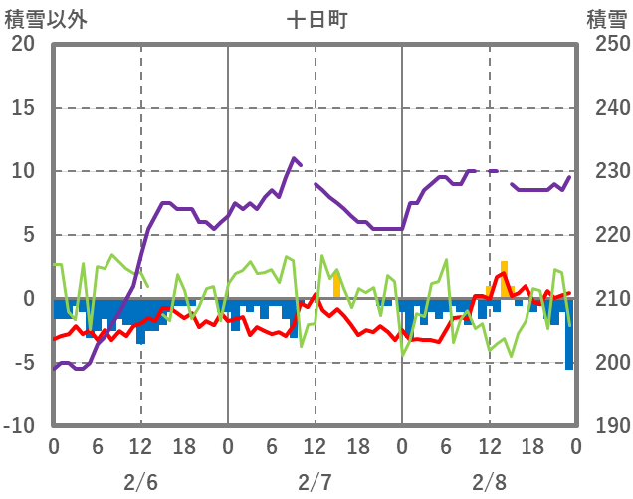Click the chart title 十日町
(x=316, y=19)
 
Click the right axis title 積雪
(x=605, y=19)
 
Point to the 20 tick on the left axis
(x=23, y=44)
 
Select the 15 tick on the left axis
(x=23, y=108)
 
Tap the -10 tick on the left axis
(x=19, y=426)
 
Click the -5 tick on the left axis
(x=23, y=363)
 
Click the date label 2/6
(x=140, y=482)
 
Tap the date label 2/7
(x=315, y=482)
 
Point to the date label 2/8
(x=489, y=482)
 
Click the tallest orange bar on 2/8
(x=505, y=279)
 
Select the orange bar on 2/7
(x=336, y=285)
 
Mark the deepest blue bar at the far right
(x=569, y=334)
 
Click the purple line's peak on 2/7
(x=294, y=158)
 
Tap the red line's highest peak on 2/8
(x=504, y=272)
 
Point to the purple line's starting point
(x=54, y=369)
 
